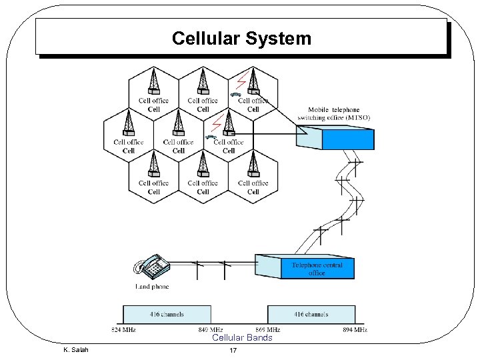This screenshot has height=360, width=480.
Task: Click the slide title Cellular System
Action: point(241,39)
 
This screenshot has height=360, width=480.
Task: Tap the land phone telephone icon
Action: point(152,266)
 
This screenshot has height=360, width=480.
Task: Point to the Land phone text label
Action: point(152,287)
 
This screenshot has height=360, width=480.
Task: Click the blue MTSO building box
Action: point(348,139)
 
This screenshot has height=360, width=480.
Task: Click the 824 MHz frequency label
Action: point(123,329)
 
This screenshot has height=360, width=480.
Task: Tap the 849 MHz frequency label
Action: point(211,329)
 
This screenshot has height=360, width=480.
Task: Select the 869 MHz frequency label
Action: point(267,329)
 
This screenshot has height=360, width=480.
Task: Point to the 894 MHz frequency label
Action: point(355,329)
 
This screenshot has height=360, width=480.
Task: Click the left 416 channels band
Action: point(167,314)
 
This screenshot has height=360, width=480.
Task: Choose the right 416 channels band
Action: point(311,314)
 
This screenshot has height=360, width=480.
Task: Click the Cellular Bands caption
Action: point(242,338)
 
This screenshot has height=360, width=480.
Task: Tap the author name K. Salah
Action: point(75,350)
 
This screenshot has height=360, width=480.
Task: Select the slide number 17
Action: point(233,351)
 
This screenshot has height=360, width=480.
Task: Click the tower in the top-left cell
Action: point(153,82)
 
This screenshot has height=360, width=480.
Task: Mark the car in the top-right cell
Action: point(235,95)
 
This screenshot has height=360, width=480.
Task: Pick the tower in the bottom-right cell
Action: point(253,164)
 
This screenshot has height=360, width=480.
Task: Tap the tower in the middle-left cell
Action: point(129,123)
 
